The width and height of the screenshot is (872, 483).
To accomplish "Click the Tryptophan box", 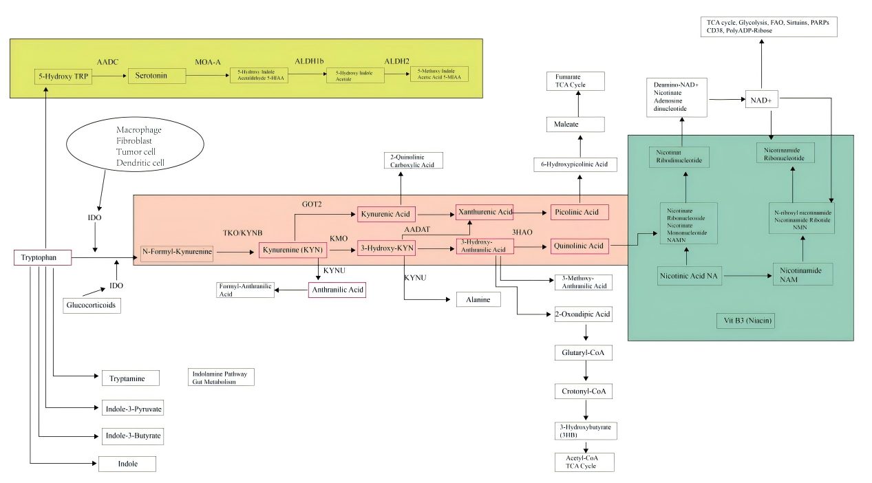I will pyautogui.click(x=43, y=258).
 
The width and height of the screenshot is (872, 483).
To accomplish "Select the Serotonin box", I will pyautogui.click(x=157, y=75).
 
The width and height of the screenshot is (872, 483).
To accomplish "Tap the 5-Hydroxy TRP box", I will pyautogui.click(x=63, y=76).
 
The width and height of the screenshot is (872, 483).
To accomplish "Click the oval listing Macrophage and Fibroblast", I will pyautogui.click(x=135, y=146).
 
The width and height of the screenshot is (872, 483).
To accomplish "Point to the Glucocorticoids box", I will pyautogui.click(x=92, y=305).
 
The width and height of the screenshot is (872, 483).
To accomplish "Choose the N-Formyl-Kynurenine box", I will pyautogui.click(x=177, y=253).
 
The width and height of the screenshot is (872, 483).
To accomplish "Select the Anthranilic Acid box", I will pyautogui.click(x=337, y=290).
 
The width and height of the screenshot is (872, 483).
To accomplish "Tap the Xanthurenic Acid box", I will pyautogui.click(x=485, y=212).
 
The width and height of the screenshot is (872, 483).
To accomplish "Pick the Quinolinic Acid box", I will pyautogui.click(x=579, y=246).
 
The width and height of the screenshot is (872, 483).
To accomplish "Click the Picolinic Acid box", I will pyautogui.click(x=579, y=212).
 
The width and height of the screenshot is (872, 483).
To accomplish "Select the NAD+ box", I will pyautogui.click(x=761, y=100).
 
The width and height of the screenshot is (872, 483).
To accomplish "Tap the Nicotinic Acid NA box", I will pyautogui.click(x=688, y=276).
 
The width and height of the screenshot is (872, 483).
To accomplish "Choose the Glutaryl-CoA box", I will pyautogui.click(x=583, y=353).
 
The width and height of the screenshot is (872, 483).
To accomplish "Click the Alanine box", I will pyautogui.click(x=478, y=300).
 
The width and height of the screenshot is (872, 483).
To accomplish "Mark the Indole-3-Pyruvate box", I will pyautogui.click(x=134, y=409).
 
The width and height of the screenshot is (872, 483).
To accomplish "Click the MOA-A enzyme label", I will pyautogui.click(x=207, y=62).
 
